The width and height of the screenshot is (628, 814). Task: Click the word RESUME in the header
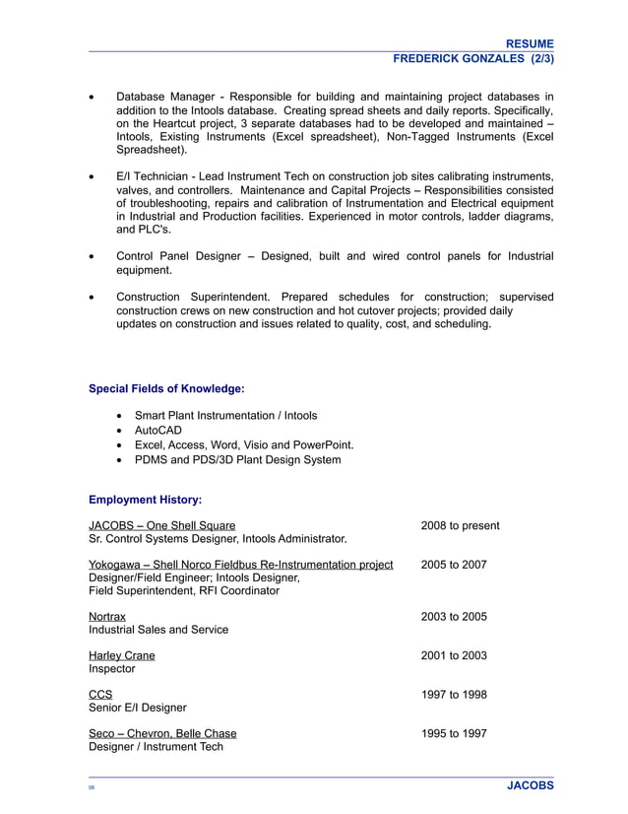click(x=529, y=43)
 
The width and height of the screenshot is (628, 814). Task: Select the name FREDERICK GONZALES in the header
click(x=459, y=59)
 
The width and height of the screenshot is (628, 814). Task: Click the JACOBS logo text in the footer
click(x=530, y=785)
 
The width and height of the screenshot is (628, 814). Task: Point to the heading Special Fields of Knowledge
click(x=166, y=388)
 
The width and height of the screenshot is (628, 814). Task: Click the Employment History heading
click(x=145, y=500)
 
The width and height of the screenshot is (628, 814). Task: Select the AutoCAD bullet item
click(x=158, y=431)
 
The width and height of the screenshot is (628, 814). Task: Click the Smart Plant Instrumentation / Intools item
click(x=225, y=416)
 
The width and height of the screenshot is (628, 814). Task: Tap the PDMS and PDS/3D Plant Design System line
click(x=237, y=459)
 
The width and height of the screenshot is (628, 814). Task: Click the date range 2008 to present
click(x=460, y=525)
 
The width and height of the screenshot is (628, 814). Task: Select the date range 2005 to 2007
click(x=454, y=565)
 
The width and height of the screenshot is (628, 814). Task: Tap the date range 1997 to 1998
click(x=454, y=695)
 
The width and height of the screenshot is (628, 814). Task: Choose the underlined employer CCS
click(x=100, y=695)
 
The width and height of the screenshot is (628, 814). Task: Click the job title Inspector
click(x=112, y=669)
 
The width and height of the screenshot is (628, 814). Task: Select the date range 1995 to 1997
click(x=454, y=733)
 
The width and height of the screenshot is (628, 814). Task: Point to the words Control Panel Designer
click(x=178, y=256)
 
